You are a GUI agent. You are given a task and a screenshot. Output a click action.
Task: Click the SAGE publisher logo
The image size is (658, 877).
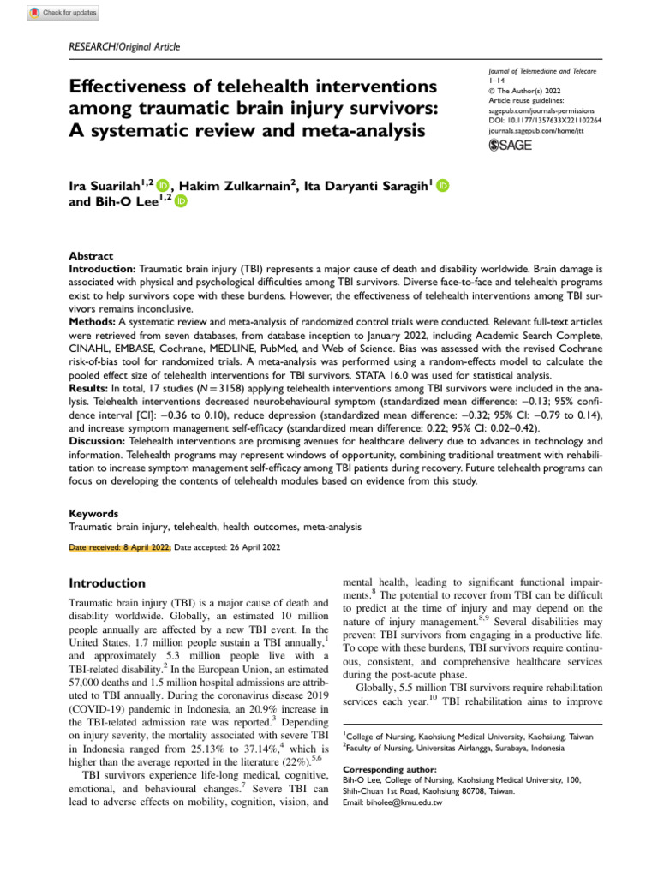[509, 146]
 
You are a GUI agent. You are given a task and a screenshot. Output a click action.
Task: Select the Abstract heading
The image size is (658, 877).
[91, 255]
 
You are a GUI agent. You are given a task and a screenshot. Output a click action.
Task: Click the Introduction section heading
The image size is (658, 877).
[106, 582]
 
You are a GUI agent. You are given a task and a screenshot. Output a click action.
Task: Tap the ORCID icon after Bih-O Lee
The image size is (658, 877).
[181, 201]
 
